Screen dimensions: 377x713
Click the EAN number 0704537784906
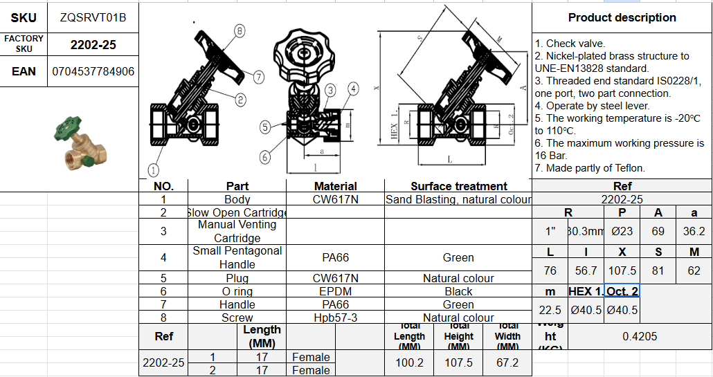[x=93, y=71]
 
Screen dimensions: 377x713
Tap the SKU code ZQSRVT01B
[x=93, y=17]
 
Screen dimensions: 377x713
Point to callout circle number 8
[x=240, y=30]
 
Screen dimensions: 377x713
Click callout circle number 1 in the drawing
[x=154, y=169]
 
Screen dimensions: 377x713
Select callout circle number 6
[x=265, y=157]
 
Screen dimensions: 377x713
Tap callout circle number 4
[x=353, y=89]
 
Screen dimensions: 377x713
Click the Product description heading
[x=622, y=17]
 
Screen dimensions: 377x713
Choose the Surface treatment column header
[x=458, y=186]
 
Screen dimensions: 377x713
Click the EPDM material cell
[x=335, y=291]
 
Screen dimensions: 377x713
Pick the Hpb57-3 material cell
[x=335, y=318]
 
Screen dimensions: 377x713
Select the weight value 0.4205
[x=640, y=336]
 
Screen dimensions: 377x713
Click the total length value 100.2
[x=409, y=362]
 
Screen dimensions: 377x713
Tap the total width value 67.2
[x=507, y=362]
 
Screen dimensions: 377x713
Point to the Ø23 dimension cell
[x=622, y=231]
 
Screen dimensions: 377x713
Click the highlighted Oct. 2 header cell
[x=622, y=291]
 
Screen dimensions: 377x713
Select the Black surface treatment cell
[x=458, y=291]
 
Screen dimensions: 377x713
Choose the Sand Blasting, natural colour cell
[x=458, y=199]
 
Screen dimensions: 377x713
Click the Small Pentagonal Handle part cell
[x=237, y=257]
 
